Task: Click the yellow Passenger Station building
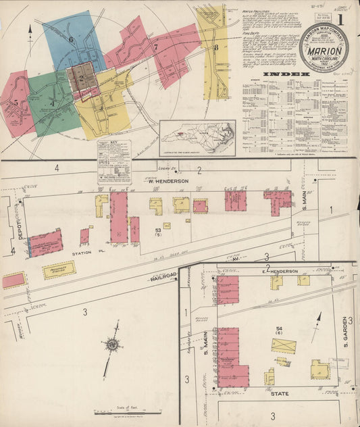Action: (x=59, y=270)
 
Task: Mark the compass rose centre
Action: (x=112, y=345)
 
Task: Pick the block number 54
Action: (x=278, y=329)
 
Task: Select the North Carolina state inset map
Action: (x=197, y=139)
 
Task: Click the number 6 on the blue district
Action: (x=70, y=39)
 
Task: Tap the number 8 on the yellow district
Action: (x=215, y=47)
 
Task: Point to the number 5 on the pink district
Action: (x=16, y=103)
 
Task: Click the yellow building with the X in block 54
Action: (x=284, y=346)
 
